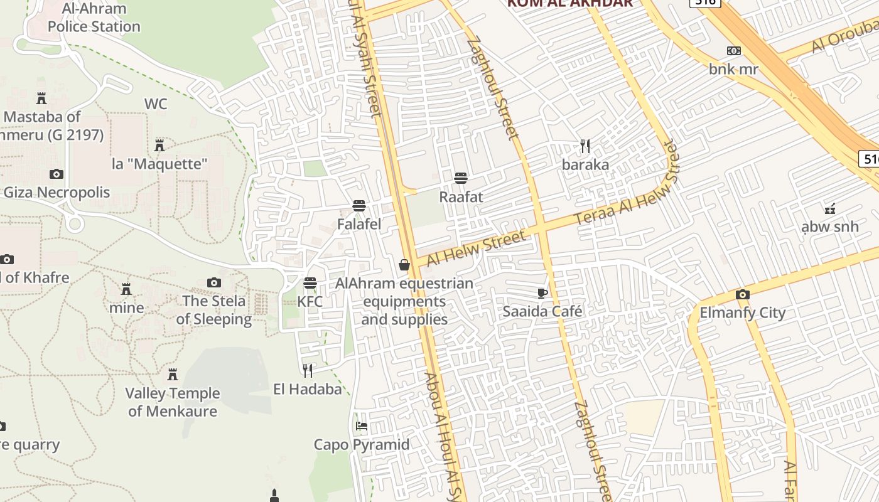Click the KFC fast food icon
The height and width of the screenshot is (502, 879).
point(310,283)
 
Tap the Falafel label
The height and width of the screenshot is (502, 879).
point(359,224)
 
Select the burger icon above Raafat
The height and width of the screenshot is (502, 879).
point(461,178)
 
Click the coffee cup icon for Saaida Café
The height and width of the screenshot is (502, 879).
point(542,293)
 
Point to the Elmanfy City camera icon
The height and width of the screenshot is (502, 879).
point(743,294)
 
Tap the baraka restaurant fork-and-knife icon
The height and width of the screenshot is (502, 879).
point(585,146)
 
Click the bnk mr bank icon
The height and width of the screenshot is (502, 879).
point(733,51)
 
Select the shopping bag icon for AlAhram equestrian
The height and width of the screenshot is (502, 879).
point(404,265)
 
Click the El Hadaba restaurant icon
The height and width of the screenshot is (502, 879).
point(308,370)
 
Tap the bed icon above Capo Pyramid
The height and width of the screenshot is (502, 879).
point(362,425)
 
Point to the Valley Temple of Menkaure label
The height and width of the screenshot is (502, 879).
point(173,402)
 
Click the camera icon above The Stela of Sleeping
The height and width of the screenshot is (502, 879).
point(214,282)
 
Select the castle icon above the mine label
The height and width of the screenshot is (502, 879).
point(126,289)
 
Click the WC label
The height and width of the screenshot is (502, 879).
point(156,104)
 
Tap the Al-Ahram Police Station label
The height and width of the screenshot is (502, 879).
point(94,18)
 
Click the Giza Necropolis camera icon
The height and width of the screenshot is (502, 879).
point(57,174)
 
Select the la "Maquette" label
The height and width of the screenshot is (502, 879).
point(159,164)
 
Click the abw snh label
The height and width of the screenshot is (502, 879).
point(830,227)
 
